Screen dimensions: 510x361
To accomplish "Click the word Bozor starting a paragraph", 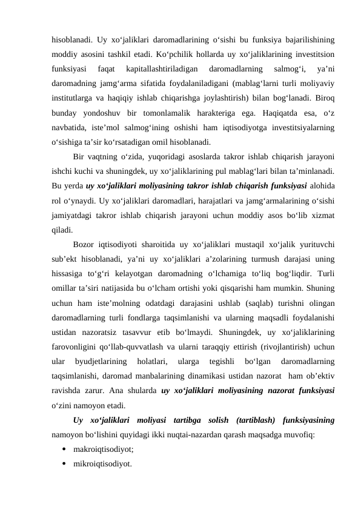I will (84, 245).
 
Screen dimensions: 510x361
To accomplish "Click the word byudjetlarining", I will (104, 361).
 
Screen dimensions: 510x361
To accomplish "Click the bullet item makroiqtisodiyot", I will (103, 449).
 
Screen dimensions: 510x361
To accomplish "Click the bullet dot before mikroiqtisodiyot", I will (64, 464).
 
